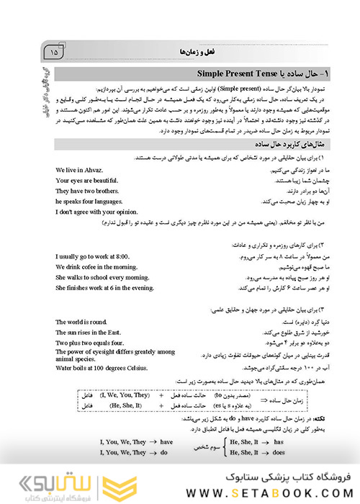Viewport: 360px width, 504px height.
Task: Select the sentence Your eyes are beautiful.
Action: (87, 181)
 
